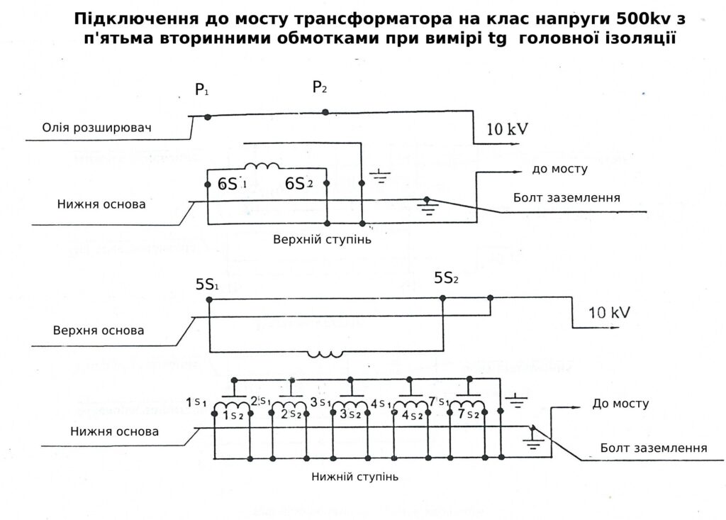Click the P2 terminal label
pyautogui.click(x=320, y=88)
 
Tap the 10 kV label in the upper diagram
pyautogui.click(x=507, y=130)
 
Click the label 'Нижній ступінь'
pyautogui.click(x=354, y=477)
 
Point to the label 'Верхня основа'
pyautogui.click(x=99, y=331)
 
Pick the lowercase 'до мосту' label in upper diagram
pyautogui.click(x=559, y=170)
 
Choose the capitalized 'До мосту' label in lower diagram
pyautogui.click(x=620, y=404)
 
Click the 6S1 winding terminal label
pyautogui.click(x=231, y=184)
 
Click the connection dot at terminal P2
pyautogui.click(x=325, y=112)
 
